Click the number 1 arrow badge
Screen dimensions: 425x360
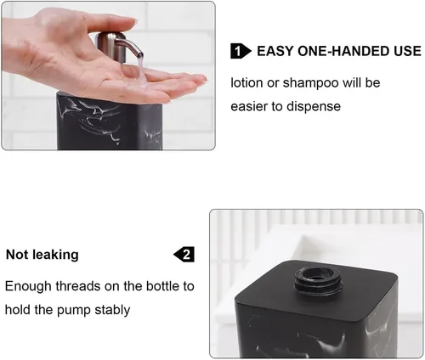(x=241, y=51)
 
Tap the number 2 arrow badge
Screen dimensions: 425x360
(x=184, y=254)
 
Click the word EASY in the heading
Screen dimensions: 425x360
(x=275, y=51)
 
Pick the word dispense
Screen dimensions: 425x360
(x=314, y=107)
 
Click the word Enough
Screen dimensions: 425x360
(x=28, y=286)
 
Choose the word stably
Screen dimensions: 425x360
(x=112, y=310)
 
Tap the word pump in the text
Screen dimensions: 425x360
(x=74, y=311)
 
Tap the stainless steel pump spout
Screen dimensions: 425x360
(x=129, y=47)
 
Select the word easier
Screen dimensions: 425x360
(x=249, y=107)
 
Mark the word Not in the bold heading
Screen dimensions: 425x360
(x=17, y=255)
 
